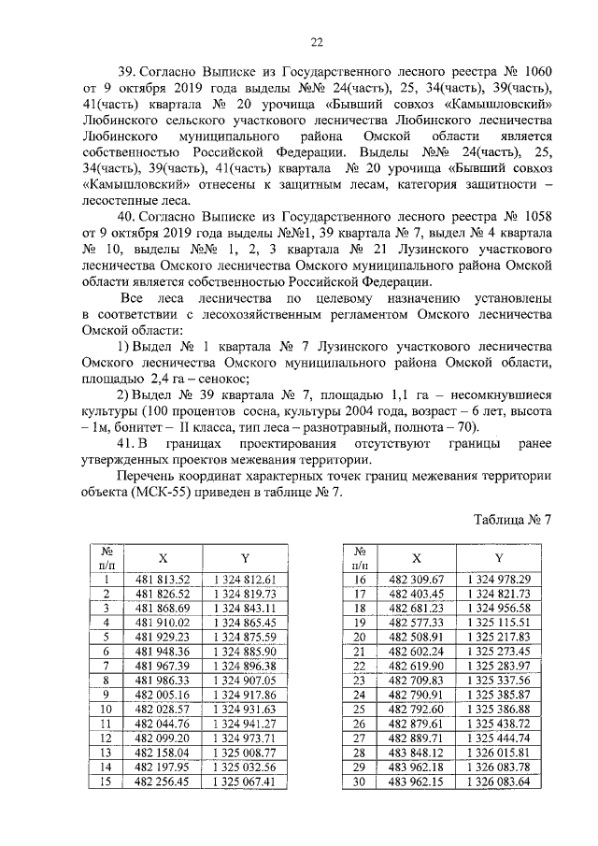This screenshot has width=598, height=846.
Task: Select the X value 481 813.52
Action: pos(163,580)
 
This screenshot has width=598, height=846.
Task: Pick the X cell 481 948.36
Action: pos(163,651)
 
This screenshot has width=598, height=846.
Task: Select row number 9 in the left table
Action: pos(107,694)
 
